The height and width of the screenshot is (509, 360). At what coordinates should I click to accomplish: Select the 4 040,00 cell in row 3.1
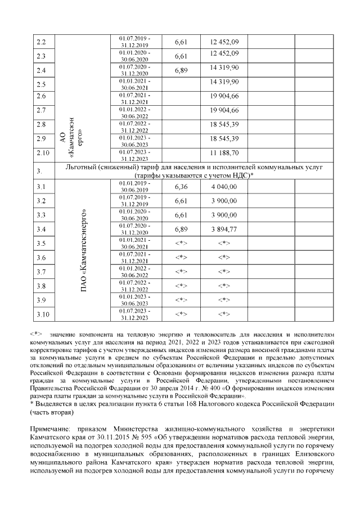pyautogui.click(x=224, y=186)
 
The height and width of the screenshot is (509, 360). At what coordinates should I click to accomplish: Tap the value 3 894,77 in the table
pyautogui.click(x=224, y=229)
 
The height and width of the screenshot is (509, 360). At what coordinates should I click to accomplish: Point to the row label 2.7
pyautogui.click(x=40, y=110)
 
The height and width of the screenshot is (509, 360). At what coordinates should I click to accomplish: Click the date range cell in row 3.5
pyautogui.click(x=134, y=244)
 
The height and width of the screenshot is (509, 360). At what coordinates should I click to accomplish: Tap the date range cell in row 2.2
pyautogui.click(x=134, y=41)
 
